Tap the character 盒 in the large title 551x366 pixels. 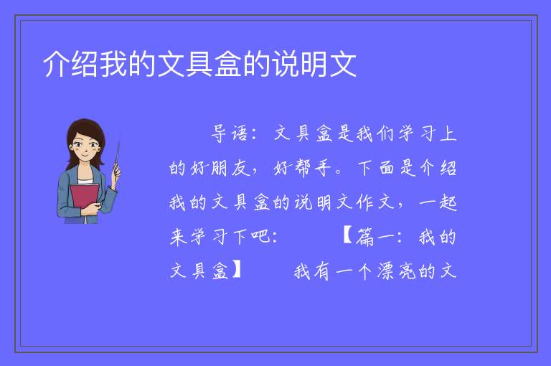tap(228, 64)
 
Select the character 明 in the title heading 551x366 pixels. tap(314, 64)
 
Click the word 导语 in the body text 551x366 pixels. tap(230, 133)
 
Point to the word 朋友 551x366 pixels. tap(230, 168)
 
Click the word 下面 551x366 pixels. tap(377, 168)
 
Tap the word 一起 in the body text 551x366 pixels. tap(438, 203)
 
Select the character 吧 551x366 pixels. tap(260, 237)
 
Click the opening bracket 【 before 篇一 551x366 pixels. tap(347, 237)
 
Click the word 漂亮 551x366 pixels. tap(397, 271)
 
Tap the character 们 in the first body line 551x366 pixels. tap(385, 133)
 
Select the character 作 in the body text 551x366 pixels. tap(364, 203)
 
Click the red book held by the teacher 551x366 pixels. tap(85, 199)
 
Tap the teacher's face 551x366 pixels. tap(84, 145)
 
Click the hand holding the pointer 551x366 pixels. tap(116, 172)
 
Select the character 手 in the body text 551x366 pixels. tap(324, 168)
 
